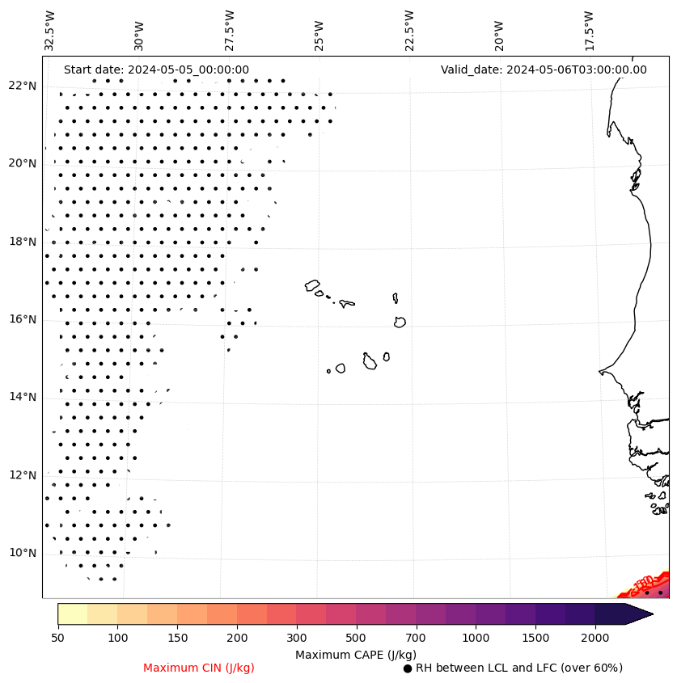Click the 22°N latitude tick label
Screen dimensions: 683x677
click(x=22, y=86)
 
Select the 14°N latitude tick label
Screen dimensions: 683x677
click(x=22, y=397)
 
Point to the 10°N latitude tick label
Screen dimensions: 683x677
click(x=22, y=553)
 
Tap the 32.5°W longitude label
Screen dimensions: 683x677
click(x=50, y=31)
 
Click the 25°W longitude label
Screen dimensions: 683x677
click(x=319, y=31)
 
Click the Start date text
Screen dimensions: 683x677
click(x=156, y=70)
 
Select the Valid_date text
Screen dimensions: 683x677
click(x=544, y=70)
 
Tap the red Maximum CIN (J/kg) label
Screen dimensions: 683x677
click(x=199, y=668)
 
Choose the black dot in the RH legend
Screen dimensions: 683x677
click(x=408, y=668)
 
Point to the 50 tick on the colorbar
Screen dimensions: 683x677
click(x=57, y=639)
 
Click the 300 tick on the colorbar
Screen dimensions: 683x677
click(x=296, y=639)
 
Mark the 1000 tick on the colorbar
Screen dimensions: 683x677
click(x=476, y=639)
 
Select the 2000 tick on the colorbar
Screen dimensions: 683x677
click(x=594, y=639)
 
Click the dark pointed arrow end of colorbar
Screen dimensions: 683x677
click(x=639, y=613)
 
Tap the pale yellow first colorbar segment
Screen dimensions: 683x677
click(x=72, y=613)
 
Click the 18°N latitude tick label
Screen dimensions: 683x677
click(x=22, y=242)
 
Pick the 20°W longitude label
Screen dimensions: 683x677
click(x=498, y=31)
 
